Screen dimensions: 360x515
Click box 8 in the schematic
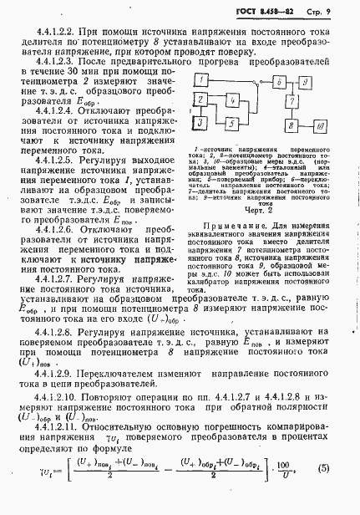pos(291,125)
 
